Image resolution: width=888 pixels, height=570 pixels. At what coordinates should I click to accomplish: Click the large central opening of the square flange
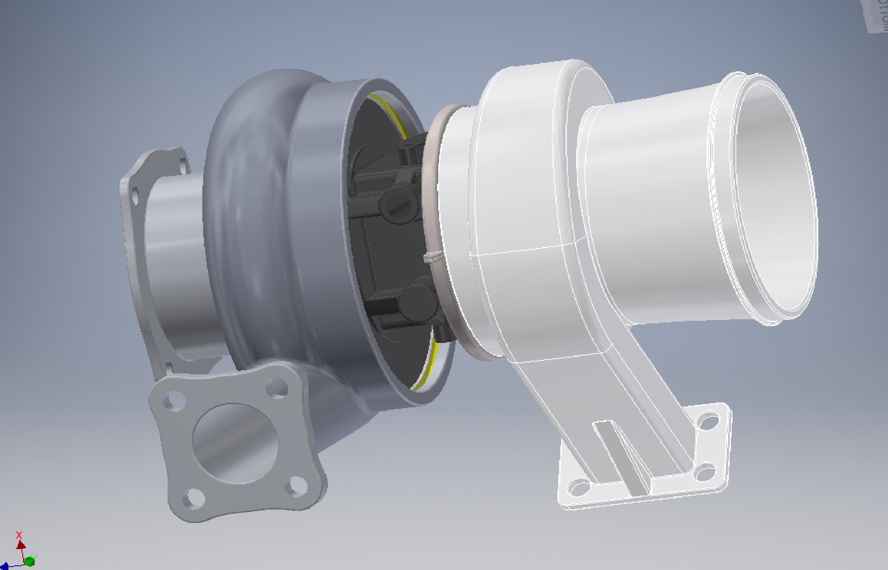pos(235,443)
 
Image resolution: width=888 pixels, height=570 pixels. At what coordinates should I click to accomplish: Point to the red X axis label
pos(20,535)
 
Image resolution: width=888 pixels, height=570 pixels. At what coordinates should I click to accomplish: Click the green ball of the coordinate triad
pos(30,560)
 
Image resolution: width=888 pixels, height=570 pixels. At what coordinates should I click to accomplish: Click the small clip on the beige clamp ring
pos(431,257)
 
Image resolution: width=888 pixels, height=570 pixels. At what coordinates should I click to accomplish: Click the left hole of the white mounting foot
pos(579,487)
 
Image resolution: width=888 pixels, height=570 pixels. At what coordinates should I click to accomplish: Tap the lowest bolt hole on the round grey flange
pos(168,367)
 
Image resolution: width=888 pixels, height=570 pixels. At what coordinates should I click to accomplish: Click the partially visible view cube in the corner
pos(876,16)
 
